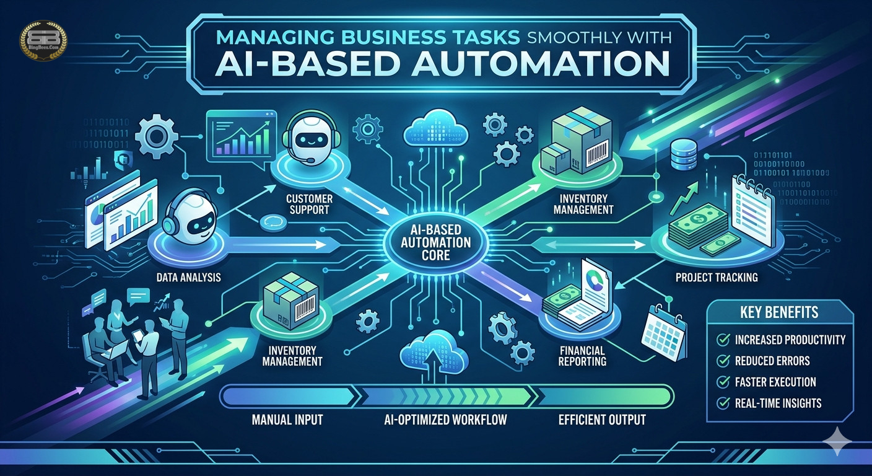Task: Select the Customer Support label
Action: (310, 205)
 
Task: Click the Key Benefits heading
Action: (778, 311)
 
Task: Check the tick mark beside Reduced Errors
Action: (722, 361)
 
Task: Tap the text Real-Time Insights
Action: (778, 403)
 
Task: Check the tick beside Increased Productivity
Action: (722, 340)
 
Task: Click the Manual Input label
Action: (287, 420)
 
